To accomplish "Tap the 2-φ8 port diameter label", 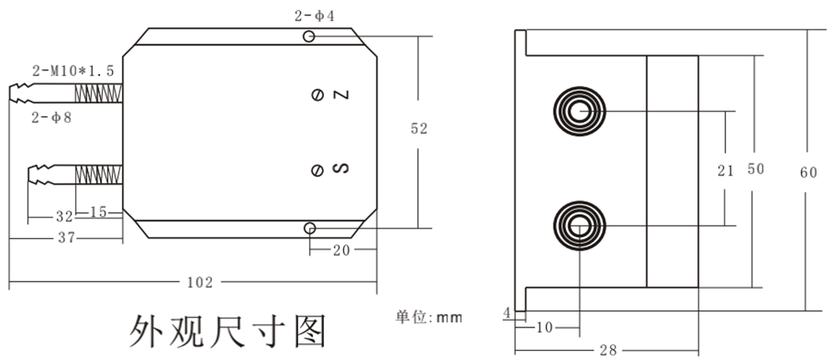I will (x=52, y=118).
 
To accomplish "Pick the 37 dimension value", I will (x=67, y=238).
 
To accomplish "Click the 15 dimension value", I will (x=98, y=212).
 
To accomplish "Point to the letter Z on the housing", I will (x=340, y=95).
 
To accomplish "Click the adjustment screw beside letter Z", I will (x=317, y=95).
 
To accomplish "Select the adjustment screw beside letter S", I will (x=317, y=170).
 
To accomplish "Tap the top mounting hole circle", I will (x=310, y=37).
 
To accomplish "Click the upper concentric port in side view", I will (x=578, y=112).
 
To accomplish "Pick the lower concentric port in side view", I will (x=578, y=226).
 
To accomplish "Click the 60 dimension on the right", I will (x=807, y=173).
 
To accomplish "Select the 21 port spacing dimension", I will (x=726, y=170).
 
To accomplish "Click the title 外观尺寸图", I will (x=225, y=332).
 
